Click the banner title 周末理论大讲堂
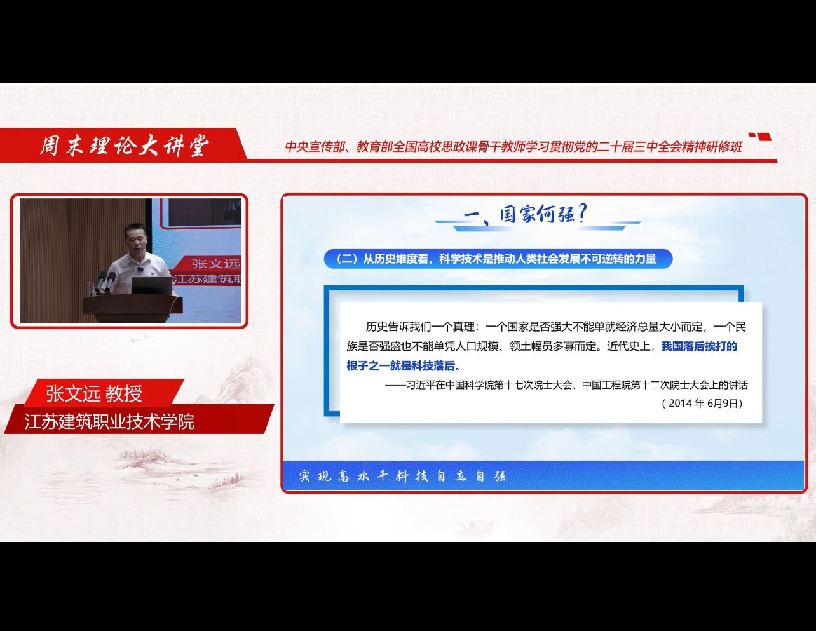click(125, 146)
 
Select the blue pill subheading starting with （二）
click(498, 259)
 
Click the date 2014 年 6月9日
click(702, 403)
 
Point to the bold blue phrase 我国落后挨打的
click(699, 346)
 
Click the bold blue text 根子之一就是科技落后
click(400, 365)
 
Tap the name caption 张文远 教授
click(94, 394)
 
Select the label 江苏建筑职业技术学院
click(109, 421)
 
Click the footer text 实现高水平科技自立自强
click(402, 476)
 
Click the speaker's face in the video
click(136, 239)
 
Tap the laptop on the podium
click(152, 286)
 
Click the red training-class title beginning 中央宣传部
click(513, 146)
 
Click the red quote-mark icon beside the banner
click(760, 137)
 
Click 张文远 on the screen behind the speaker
click(215, 264)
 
